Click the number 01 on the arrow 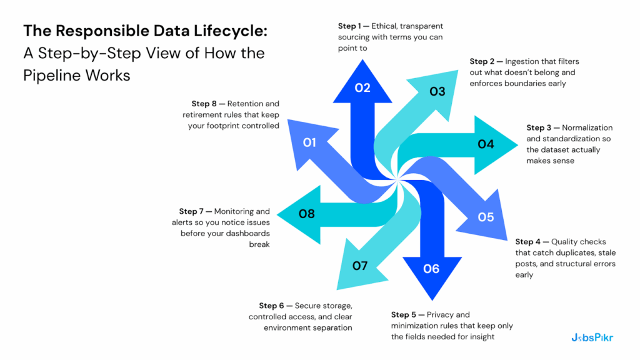(x=309, y=142)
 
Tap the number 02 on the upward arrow (x=362, y=87)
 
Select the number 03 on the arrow (x=437, y=92)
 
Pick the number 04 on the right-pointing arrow (x=486, y=144)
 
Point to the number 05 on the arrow (x=486, y=217)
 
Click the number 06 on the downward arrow (x=431, y=269)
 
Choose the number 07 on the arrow (x=360, y=266)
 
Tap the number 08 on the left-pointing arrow (x=306, y=214)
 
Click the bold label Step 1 (x=351, y=26)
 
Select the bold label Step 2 (x=482, y=61)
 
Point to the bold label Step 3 (x=539, y=127)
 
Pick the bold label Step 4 (x=528, y=242)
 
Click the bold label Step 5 (x=404, y=314)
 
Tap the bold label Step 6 (x=272, y=306)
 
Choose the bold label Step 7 (x=192, y=211)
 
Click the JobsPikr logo (x=592, y=337)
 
